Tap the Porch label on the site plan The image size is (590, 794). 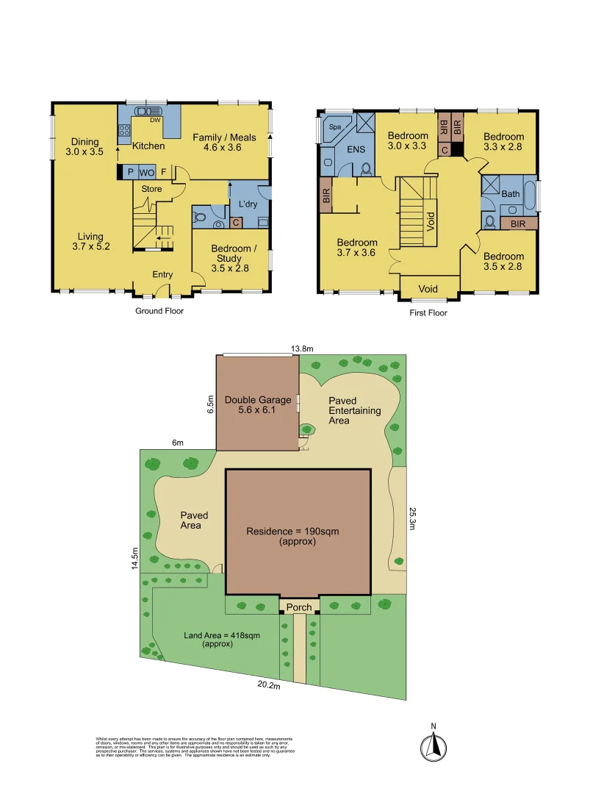298,607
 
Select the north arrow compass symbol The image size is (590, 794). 433,746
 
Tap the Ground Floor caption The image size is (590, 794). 159,311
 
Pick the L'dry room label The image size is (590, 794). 248,204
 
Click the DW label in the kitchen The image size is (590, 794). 155,120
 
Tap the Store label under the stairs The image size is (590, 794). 151,189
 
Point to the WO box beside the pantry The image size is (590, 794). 146,172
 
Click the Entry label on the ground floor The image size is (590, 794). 162,274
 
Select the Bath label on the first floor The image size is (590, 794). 510,194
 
